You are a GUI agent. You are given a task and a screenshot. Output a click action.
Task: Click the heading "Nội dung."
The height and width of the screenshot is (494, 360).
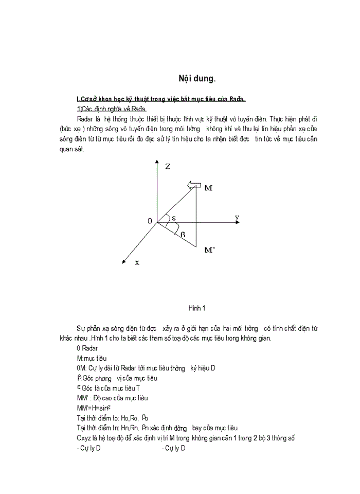point(197,79)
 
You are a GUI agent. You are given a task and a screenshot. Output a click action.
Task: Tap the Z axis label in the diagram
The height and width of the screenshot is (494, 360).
point(168,167)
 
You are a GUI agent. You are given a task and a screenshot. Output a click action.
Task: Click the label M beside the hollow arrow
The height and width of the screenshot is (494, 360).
point(208,188)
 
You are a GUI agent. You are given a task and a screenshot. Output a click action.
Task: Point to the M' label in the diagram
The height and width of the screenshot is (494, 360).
point(209,250)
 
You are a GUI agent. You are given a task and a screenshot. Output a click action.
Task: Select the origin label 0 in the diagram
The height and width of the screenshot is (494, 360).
point(150,221)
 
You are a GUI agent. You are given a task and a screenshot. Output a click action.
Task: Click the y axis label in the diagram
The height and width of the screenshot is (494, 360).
point(237,218)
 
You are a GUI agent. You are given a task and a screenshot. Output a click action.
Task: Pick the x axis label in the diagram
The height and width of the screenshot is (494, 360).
point(137,262)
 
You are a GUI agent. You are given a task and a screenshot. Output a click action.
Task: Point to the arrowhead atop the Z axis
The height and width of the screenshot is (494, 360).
point(156,163)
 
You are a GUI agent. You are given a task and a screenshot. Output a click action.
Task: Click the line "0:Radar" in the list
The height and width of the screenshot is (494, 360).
point(86,348)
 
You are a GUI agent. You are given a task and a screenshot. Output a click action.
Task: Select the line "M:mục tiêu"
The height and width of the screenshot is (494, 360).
point(92,358)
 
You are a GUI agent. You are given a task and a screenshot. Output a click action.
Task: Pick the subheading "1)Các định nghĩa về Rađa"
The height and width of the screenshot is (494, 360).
point(111,109)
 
